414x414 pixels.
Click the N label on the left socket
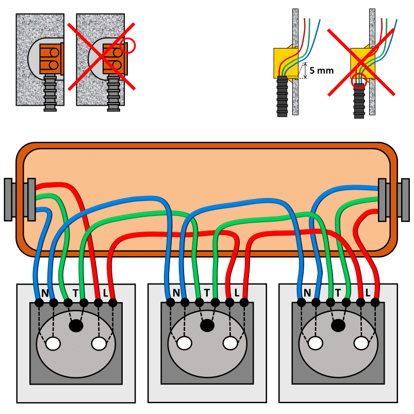tap(45, 293)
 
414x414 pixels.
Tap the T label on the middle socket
tap(207, 293)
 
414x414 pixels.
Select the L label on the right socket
tap(368, 293)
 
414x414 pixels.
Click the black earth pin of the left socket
tap(76, 326)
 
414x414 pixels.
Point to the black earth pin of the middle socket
tap(207, 326)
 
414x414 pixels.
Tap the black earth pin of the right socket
tap(338, 326)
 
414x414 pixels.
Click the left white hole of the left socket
tap(53, 343)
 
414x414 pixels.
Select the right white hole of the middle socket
tap(230, 343)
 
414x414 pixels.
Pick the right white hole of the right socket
tap(361, 343)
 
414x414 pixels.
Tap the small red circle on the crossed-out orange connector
tap(128, 46)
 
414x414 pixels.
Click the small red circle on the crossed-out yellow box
tap(359, 80)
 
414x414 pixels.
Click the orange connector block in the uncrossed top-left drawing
tap(50, 58)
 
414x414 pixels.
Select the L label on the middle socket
tap(237, 293)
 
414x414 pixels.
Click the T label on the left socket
tap(75, 293)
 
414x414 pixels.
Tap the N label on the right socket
tap(307, 293)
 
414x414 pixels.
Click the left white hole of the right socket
tap(316, 343)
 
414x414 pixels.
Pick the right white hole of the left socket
tap(98, 343)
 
